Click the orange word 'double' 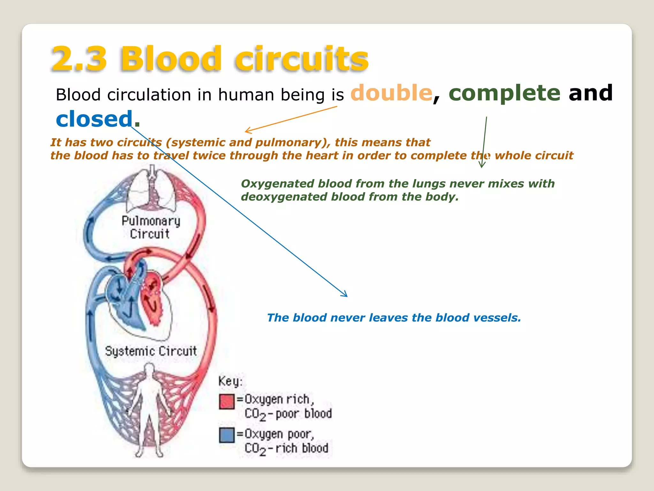392,93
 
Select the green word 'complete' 505,93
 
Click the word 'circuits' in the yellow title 302,59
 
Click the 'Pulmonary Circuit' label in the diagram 150,227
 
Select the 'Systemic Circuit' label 151,351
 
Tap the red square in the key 227,401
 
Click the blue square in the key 227,435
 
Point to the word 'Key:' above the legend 230,381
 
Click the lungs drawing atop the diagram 152,189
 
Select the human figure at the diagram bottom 149,409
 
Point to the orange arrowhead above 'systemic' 247,131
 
